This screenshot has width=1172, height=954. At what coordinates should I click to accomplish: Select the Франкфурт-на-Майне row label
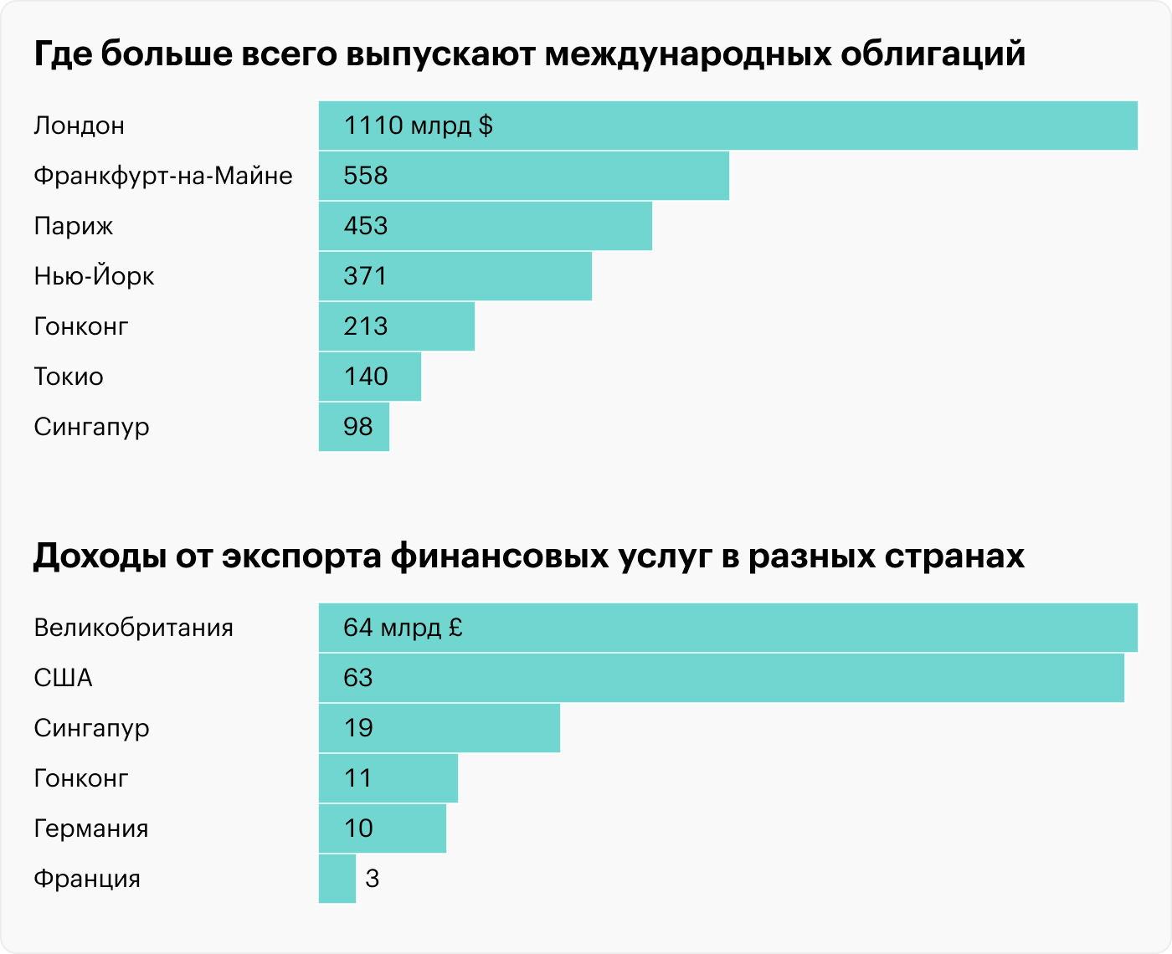(163, 176)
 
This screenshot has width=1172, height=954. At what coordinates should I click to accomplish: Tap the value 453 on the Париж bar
(366, 226)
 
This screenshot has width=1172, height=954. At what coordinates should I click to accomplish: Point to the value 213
(366, 326)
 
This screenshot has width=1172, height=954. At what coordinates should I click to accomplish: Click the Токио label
(69, 377)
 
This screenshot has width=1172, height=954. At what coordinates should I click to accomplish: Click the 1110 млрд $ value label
(418, 126)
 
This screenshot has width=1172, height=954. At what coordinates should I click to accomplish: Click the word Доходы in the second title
(98, 556)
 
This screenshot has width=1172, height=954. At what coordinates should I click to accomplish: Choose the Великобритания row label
(133, 628)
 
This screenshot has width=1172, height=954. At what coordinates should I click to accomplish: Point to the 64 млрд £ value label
(403, 628)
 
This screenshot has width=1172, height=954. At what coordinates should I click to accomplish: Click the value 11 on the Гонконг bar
(357, 778)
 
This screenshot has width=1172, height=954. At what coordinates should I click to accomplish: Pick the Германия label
(90, 828)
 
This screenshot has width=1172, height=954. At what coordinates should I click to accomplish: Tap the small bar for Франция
(337, 879)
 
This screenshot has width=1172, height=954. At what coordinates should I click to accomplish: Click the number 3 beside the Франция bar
(373, 879)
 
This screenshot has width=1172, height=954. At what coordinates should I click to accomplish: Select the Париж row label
(74, 226)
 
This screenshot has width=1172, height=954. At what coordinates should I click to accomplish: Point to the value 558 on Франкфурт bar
(366, 176)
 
